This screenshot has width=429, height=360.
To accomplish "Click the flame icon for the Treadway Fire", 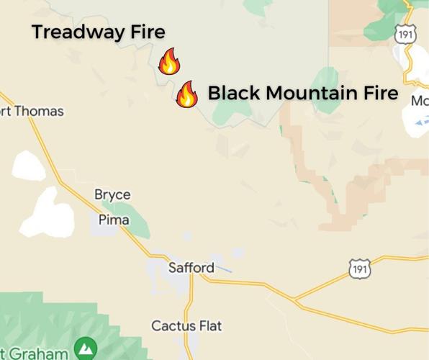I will tap(168, 62).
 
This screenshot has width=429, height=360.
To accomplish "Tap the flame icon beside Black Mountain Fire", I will tap(187, 94).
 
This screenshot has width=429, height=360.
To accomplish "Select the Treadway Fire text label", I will tap(98, 32).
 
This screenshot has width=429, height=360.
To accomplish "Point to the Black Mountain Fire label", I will tap(302, 94).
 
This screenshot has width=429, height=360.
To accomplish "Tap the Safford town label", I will tap(191, 268).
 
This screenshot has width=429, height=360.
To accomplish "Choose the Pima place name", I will tap(114, 220).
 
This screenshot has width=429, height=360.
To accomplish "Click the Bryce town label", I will tap(112, 194).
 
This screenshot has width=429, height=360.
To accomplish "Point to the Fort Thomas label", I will tap(32, 112).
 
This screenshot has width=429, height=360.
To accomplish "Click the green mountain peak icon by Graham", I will tap(86, 349).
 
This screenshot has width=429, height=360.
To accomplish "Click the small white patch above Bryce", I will tap(28, 166).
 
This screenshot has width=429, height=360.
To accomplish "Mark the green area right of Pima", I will tap(137, 220).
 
